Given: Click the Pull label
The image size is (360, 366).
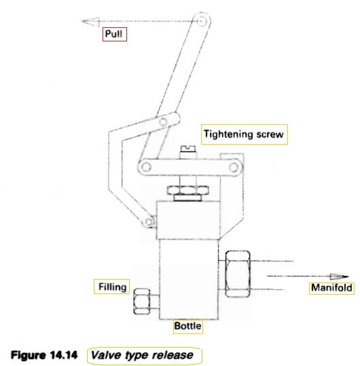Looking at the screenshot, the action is (113, 34).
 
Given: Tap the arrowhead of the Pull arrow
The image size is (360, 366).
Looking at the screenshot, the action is (90, 22).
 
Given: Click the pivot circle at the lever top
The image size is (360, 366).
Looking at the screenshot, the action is (201, 21).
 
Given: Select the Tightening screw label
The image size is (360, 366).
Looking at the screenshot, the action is (244, 134).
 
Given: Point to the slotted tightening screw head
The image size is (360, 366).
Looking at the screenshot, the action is (188, 149).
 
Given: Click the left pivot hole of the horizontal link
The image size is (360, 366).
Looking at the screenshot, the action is (146, 167).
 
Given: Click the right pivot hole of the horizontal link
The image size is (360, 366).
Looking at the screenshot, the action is (234, 167).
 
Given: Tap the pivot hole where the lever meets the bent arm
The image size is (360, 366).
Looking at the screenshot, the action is (163, 122).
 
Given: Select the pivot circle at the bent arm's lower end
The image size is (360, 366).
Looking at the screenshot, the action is (149, 221).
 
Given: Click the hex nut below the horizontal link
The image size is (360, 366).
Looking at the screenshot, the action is (187, 190).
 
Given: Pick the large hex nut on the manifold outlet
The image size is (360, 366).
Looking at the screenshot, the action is (238, 274).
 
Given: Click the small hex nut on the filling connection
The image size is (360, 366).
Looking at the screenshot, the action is (142, 301).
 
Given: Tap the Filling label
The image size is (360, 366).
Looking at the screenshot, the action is (112, 287).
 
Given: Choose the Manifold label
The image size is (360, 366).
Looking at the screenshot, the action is (331, 288).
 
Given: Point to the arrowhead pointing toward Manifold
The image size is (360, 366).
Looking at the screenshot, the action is (339, 276).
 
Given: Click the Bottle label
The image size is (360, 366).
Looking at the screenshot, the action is (187, 326).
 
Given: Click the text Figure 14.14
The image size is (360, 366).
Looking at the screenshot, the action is (44, 355).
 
